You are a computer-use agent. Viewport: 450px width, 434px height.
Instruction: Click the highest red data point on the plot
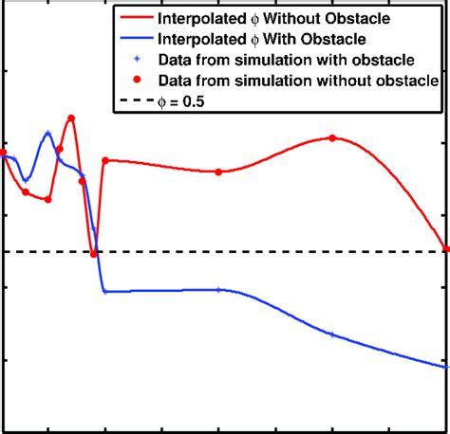tap(71, 118)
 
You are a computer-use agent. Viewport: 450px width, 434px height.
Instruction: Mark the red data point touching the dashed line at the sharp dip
tap(94, 252)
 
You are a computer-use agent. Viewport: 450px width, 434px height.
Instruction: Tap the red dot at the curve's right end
tap(446, 249)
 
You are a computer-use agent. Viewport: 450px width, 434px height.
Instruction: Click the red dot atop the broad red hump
tap(332, 137)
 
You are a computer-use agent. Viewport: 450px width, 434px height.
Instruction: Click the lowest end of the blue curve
tap(446, 366)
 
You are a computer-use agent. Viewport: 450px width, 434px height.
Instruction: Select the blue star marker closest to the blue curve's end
tap(331, 335)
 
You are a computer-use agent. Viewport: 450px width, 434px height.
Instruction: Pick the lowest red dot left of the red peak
tap(47, 199)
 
